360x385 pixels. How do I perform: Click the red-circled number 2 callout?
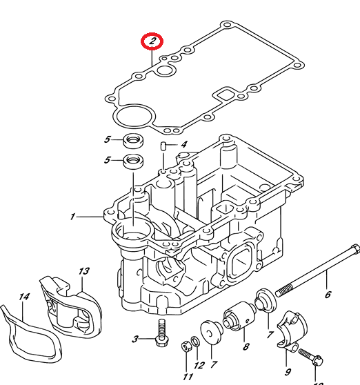click(x=151, y=41)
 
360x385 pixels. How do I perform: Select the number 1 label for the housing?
click(x=72, y=217)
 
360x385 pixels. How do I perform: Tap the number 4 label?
click(x=183, y=144)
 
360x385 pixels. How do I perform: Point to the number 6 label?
click(x=328, y=296)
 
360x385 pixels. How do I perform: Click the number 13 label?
click(x=83, y=271)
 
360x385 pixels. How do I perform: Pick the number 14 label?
click(x=24, y=297)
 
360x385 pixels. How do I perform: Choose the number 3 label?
click(x=137, y=339)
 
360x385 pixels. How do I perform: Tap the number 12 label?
click(x=199, y=364)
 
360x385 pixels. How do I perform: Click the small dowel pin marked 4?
click(x=163, y=146)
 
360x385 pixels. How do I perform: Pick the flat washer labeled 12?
click(x=197, y=342)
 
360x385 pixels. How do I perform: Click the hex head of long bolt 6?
click(x=354, y=248)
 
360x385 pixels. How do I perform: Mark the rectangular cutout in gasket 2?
click(x=227, y=93)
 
